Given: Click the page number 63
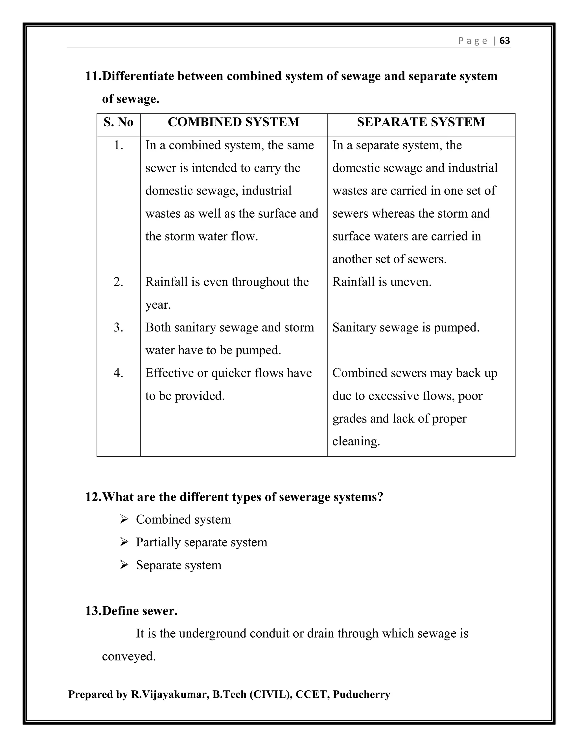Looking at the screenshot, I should coord(504,41).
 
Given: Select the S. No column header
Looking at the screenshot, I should coord(118,122).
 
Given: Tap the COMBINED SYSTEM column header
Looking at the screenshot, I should coord(233,122).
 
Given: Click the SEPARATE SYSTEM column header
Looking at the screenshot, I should coord(421,122).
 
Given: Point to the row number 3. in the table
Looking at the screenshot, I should coord(118,327).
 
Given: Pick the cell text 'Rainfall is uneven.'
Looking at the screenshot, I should coord(382,282).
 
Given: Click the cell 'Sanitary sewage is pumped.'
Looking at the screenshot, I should coord(406,327).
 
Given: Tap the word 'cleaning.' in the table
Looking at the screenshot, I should coord(356,441).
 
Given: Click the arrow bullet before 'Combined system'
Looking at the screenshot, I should coord(124,520).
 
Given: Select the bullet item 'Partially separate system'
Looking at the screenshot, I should coord(201,542).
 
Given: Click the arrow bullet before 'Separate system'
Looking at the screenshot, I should coord(124,565).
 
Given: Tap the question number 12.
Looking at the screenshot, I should coord(93,497).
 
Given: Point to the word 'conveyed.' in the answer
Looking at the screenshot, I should coord(129,656).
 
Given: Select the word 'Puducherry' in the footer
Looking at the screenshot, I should coord(361,694).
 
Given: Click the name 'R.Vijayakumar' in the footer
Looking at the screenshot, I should coord(170,694).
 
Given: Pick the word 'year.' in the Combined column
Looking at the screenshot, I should coord(158,305).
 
